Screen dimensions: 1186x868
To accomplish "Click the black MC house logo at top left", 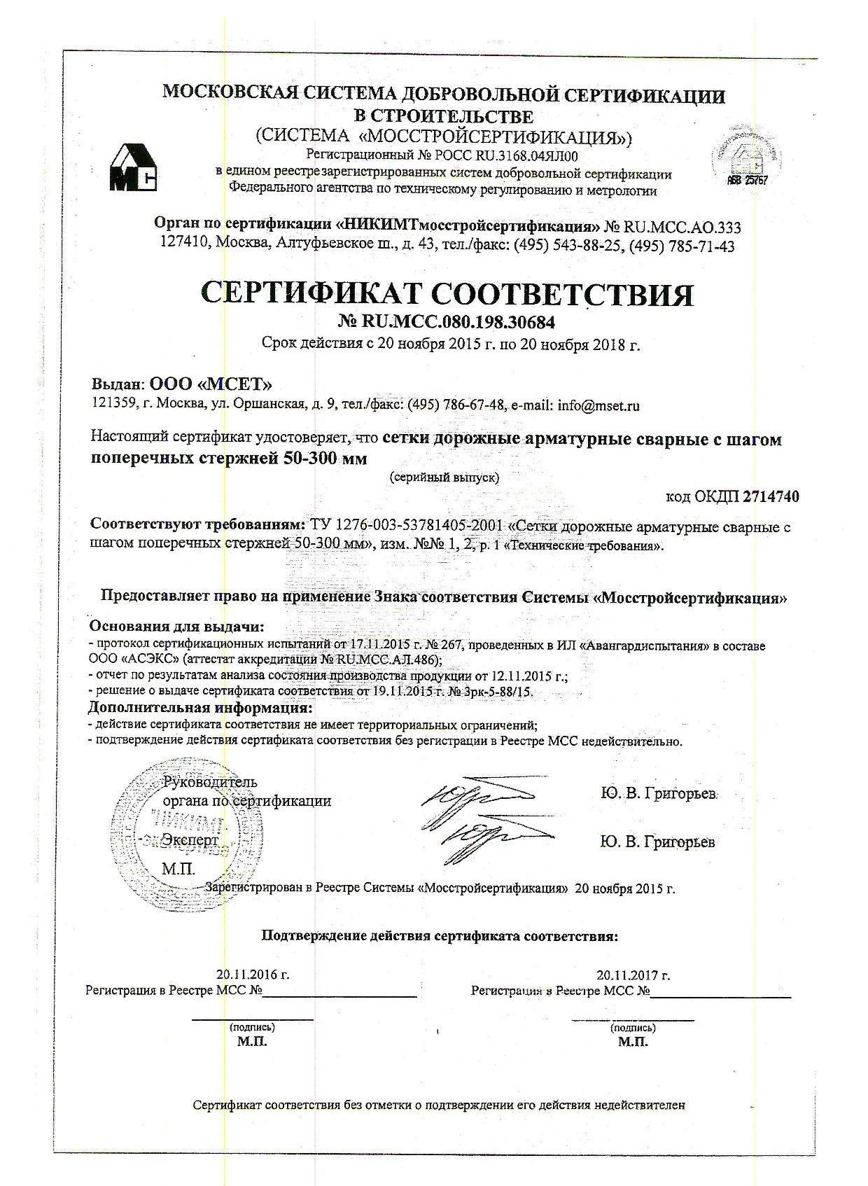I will tap(134, 168).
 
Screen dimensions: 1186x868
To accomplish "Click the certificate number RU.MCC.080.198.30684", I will tap(461, 321).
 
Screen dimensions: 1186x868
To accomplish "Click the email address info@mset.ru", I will tap(597, 405).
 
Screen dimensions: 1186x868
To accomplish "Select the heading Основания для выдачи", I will tap(178, 626).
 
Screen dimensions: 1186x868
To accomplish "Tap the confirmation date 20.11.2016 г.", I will tap(253, 975).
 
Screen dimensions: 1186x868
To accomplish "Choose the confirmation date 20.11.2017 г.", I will tap(633, 975).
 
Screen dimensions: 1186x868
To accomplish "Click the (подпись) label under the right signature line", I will tap(632, 1027).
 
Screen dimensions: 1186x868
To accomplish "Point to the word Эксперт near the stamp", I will tap(190, 839).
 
